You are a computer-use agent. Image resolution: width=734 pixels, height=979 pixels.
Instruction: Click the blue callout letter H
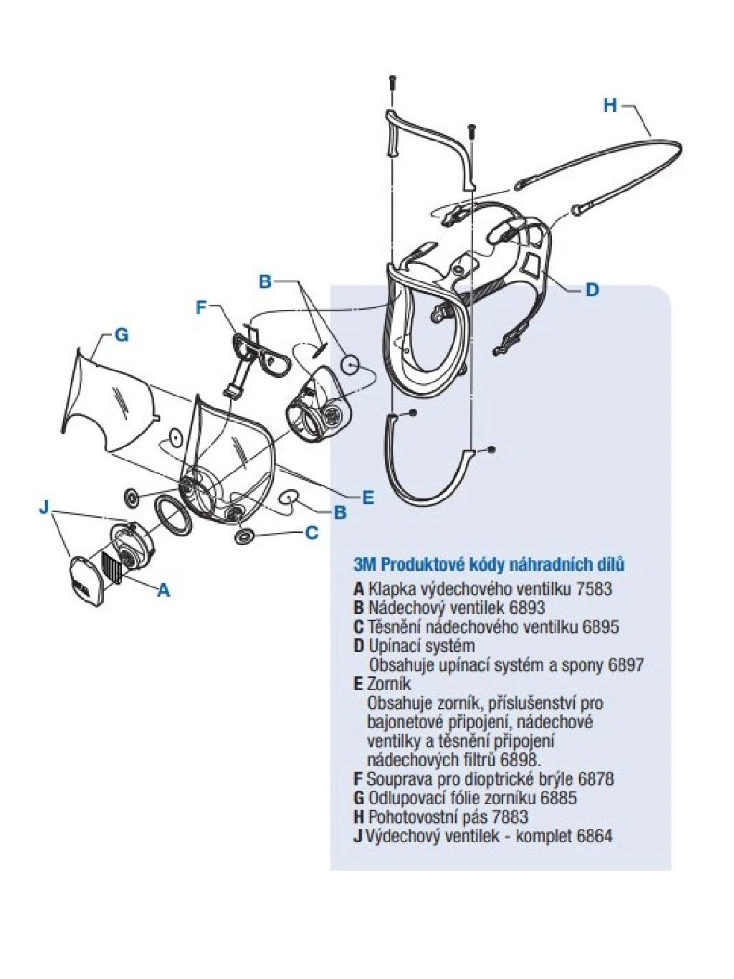pos(610,105)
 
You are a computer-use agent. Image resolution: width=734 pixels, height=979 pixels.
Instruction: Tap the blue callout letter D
pos(592,290)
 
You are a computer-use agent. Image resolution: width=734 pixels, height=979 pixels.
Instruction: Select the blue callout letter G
pos(121,334)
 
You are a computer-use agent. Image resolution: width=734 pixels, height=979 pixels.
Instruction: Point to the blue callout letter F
pos(201,308)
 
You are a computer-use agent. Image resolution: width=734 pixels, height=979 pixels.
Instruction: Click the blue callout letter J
pos(44,508)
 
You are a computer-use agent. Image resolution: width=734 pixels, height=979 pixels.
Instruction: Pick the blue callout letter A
pos(163,590)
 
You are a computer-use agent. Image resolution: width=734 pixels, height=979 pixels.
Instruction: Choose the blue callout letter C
pos(312,533)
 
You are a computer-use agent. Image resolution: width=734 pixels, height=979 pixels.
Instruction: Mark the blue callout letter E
pos(368,497)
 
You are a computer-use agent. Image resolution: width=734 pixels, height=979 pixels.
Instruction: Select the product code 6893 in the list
pos(527,607)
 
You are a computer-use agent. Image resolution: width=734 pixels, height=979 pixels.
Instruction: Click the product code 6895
pos(601,626)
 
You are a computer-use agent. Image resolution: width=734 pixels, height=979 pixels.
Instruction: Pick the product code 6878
pos(596,778)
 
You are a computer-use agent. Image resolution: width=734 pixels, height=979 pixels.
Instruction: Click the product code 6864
pos(594,836)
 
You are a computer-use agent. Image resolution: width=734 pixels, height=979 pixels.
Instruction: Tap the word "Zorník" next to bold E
pos(390,684)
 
